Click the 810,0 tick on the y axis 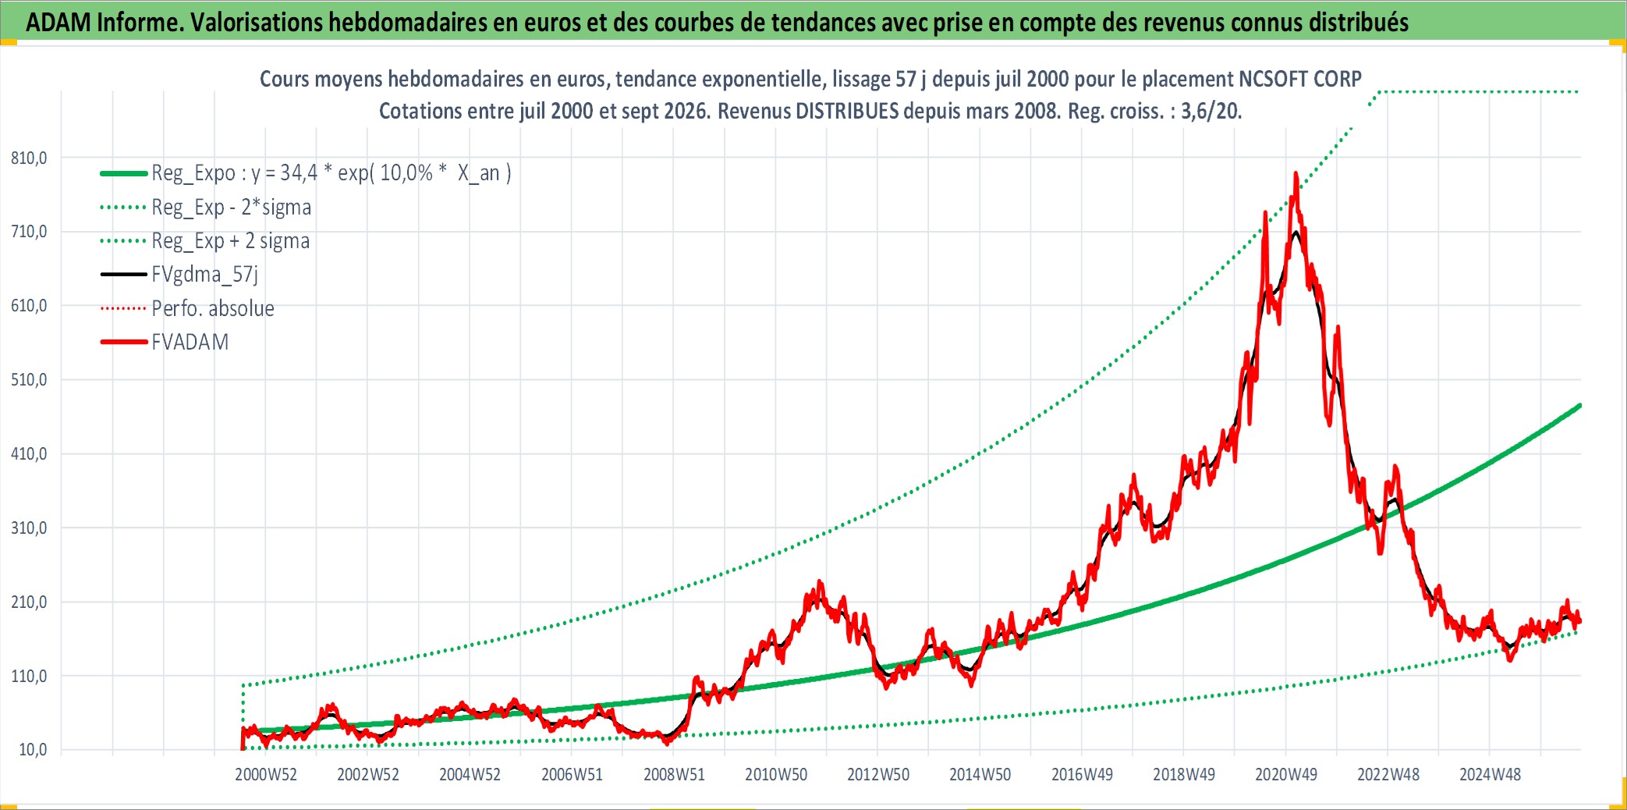point(29,158)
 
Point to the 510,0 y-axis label point(29,380)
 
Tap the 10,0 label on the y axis point(33,750)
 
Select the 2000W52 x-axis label point(266,774)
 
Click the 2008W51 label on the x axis point(674,774)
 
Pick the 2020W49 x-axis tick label point(1286,774)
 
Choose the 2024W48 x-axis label point(1491,774)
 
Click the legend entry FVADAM point(165,342)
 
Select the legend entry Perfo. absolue point(187,308)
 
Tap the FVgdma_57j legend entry point(179,274)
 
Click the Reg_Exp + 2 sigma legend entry point(205,240)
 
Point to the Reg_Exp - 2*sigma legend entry point(206,207)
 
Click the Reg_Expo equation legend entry point(306,172)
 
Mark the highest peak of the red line point(1296,173)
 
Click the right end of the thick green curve point(1579,405)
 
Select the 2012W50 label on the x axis point(878,774)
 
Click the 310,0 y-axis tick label point(29,528)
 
